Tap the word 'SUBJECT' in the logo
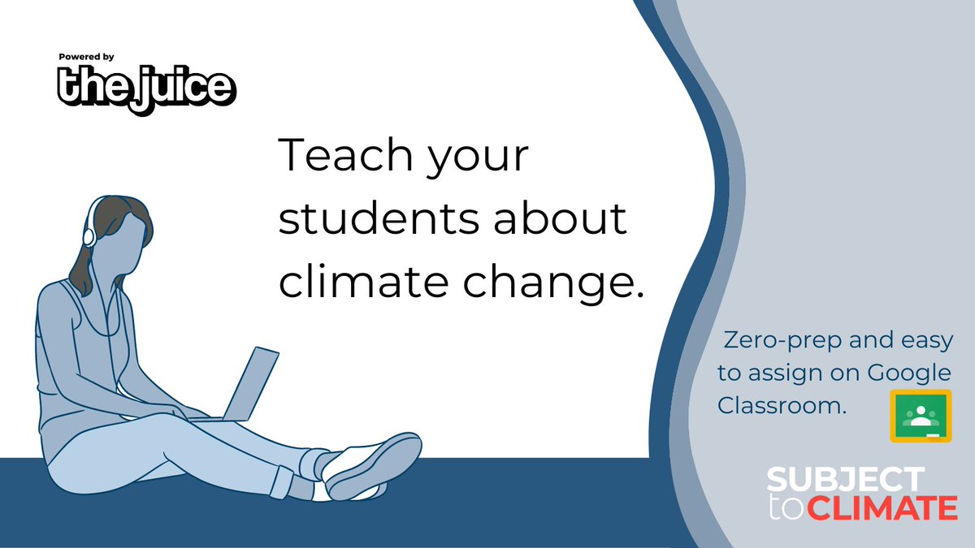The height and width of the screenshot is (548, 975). tap(846, 480)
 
